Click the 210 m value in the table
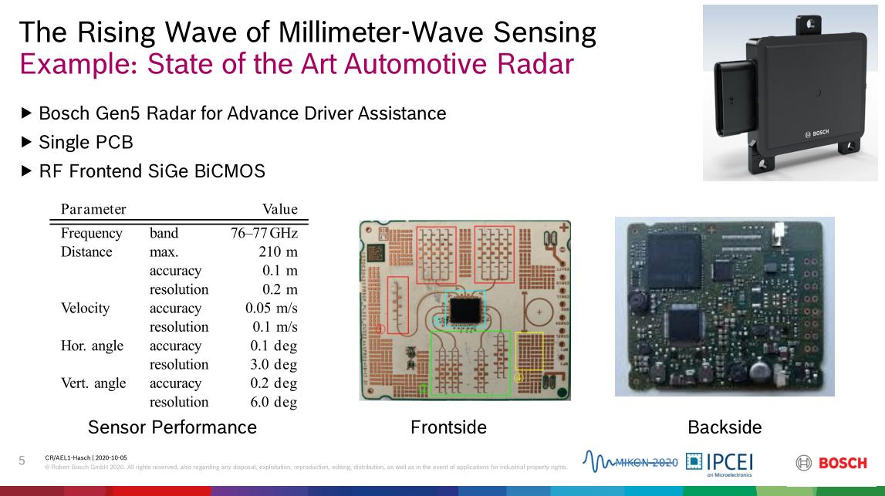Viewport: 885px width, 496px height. tap(278, 251)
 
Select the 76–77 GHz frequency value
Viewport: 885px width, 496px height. tap(264, 233)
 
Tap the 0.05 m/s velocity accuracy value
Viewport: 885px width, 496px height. tap(271, 308)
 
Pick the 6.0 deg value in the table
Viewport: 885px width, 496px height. tap(273, 402)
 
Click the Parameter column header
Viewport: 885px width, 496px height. tap(93, 209)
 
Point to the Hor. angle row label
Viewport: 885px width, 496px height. tap(92, 346)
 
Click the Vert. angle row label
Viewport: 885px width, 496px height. tap(93, 383)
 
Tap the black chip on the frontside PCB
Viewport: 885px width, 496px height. tap(465, 310)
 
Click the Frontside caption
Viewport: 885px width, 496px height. tap(448, 427)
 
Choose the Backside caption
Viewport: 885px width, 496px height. tap(725, 427)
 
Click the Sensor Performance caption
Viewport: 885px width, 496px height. tap(172, 427)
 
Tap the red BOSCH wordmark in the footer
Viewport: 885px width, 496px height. tap(843, 464)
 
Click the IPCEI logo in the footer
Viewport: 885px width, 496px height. tap(720, 464)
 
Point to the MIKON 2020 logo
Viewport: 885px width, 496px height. tap(630, 461)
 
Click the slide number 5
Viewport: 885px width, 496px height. tap(22, 461)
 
